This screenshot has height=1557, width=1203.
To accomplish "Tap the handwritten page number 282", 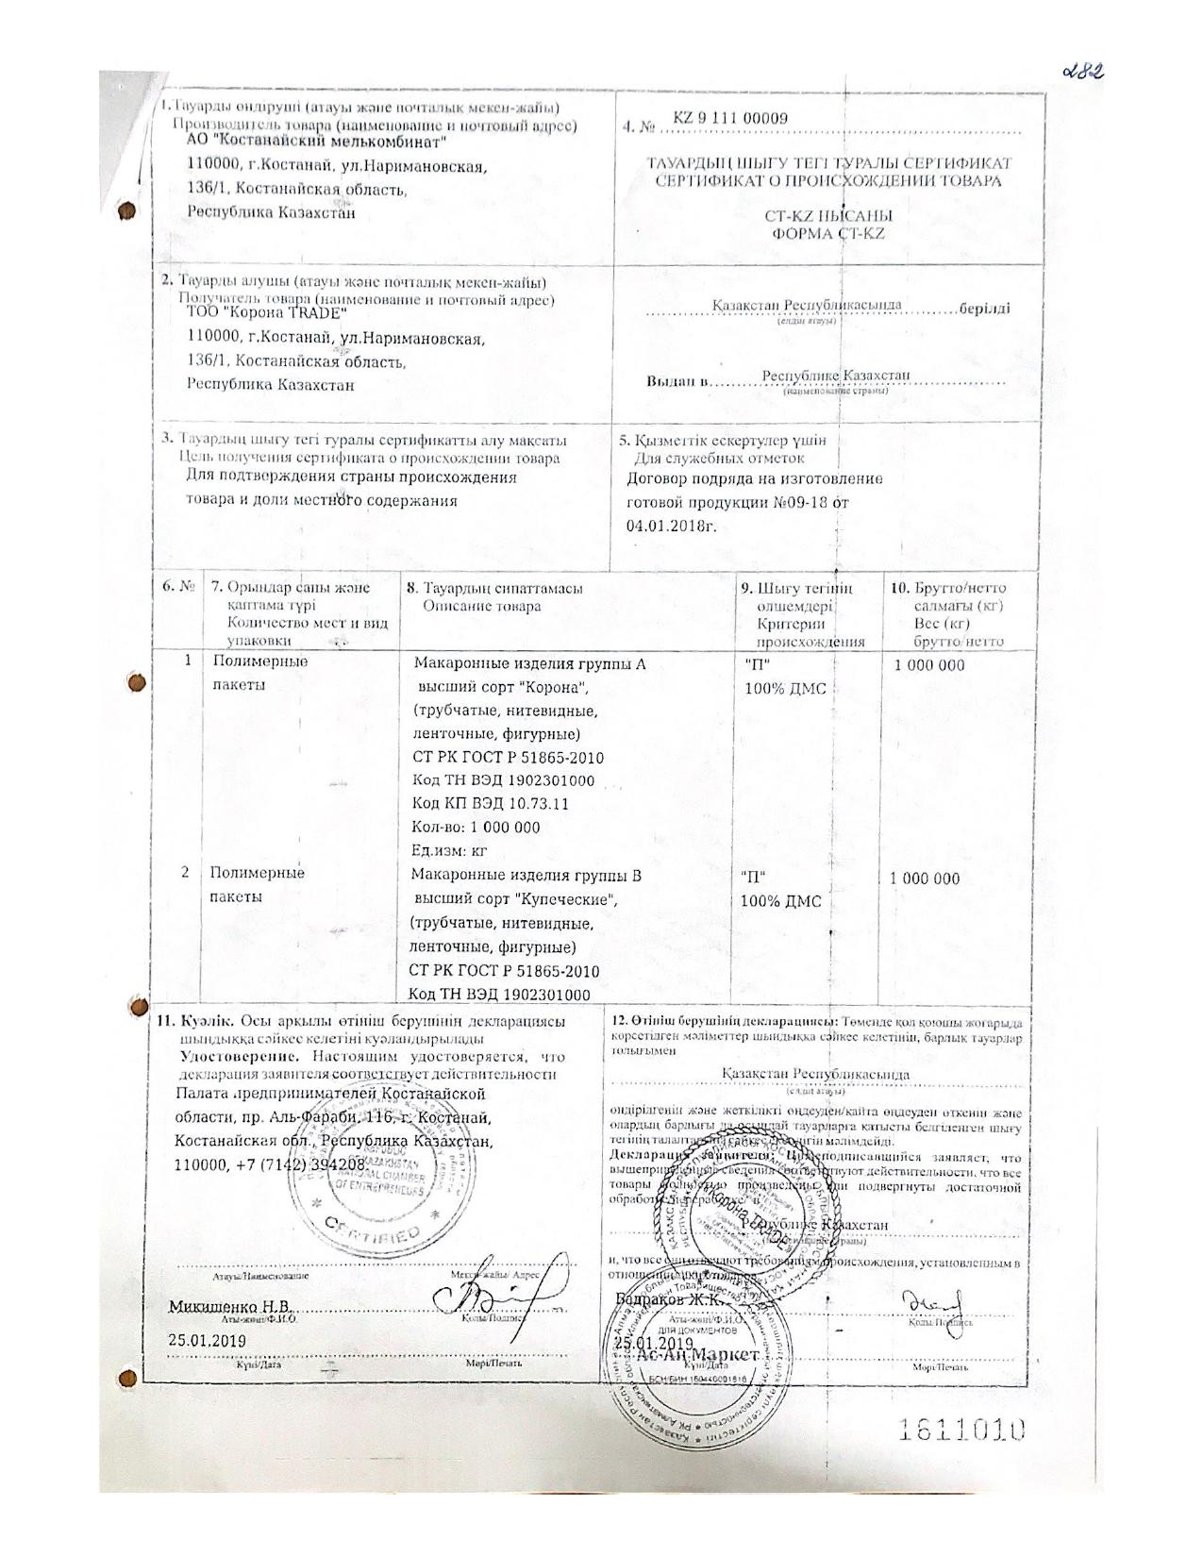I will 1078,74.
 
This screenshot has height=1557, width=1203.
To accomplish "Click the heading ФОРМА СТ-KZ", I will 828,233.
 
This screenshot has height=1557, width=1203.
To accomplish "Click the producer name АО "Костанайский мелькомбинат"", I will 317,142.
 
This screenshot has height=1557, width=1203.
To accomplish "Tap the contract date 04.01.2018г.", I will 671,525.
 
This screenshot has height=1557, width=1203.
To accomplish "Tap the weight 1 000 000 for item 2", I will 925,879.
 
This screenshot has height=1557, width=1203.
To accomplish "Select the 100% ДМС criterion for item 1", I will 785,689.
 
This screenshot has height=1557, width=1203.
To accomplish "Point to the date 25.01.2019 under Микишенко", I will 207,1339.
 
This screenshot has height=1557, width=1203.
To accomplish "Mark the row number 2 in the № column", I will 187,873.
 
